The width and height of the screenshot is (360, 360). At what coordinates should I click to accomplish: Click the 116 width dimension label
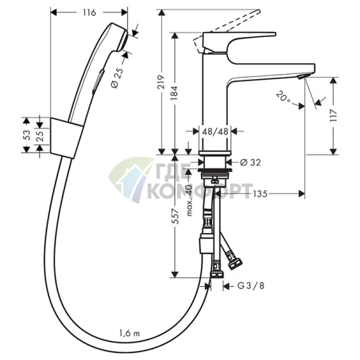[89, 12]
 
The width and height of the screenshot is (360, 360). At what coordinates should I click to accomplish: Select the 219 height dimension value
[161, 82]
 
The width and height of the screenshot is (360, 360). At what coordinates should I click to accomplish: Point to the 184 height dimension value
[174, 93]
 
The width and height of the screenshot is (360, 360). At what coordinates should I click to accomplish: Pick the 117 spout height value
[334, 115]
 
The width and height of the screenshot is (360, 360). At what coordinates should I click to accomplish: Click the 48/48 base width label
[215, 131]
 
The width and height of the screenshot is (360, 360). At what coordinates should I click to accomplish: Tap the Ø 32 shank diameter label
[250, 163]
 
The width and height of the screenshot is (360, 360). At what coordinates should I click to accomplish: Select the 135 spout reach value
[260, 194]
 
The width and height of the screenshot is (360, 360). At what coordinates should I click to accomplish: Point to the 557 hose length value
[175, 216]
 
